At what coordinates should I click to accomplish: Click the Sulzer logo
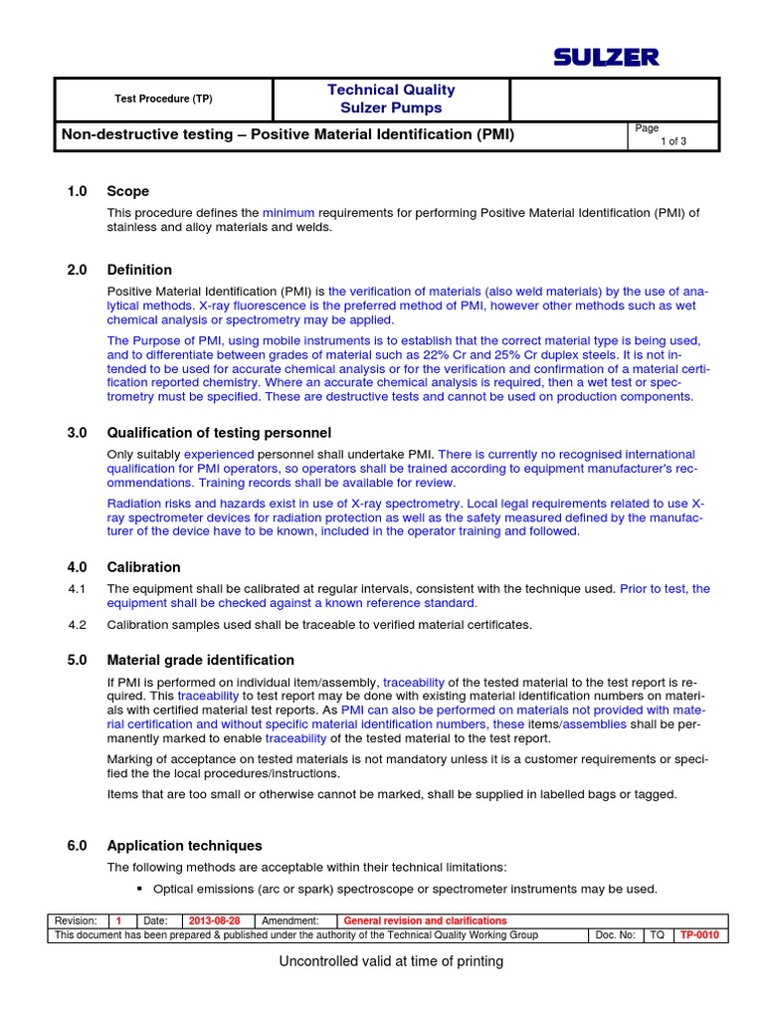pos(607,58)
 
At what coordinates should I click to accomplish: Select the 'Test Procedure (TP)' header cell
pos(163,99)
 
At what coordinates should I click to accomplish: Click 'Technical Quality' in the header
pos(391,90)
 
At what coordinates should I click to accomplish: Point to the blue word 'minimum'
pos(288,212)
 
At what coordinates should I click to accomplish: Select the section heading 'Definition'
pos(139,270)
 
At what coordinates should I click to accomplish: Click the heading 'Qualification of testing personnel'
pos(219,433)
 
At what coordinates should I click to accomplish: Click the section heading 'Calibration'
pos(143,567)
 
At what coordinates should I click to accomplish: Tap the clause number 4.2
pos(78,625)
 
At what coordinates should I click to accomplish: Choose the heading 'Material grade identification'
pos(200,660)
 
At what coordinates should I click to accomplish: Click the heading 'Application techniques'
pos(184,846)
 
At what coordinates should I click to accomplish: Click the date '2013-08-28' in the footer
pos(214,920)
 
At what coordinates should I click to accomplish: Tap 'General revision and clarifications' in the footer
pos(425,920)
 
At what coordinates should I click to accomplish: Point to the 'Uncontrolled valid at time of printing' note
pos(391,961)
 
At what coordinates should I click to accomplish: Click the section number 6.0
pos(78,846)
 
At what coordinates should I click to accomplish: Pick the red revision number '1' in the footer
pos(118,920)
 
